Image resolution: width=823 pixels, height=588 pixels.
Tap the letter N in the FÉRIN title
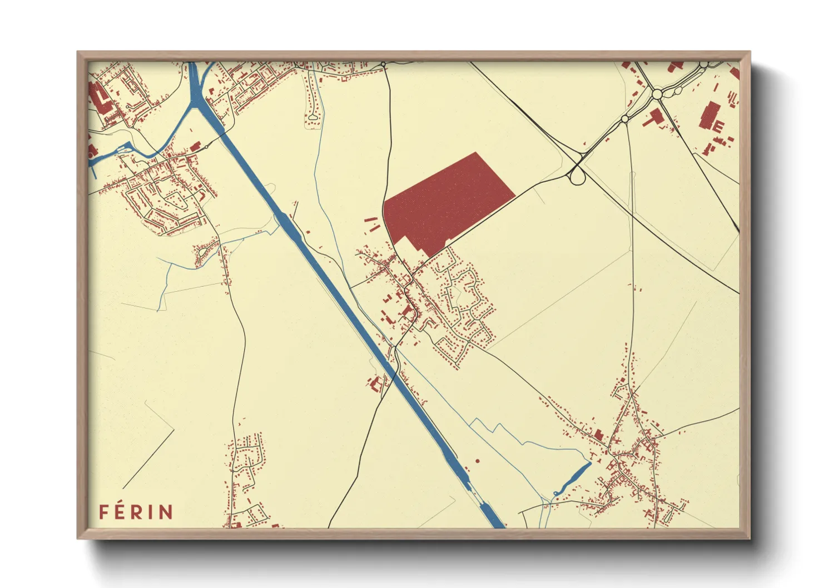166,512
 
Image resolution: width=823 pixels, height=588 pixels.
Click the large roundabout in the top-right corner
657,94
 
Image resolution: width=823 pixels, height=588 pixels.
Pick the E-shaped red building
718,126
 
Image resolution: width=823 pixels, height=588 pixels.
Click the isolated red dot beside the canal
477,461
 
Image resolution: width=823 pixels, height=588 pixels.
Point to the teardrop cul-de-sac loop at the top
313,117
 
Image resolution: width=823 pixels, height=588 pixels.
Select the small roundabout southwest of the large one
624,118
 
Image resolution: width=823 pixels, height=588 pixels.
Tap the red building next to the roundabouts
654,117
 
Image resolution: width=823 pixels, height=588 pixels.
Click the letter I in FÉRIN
151,512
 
